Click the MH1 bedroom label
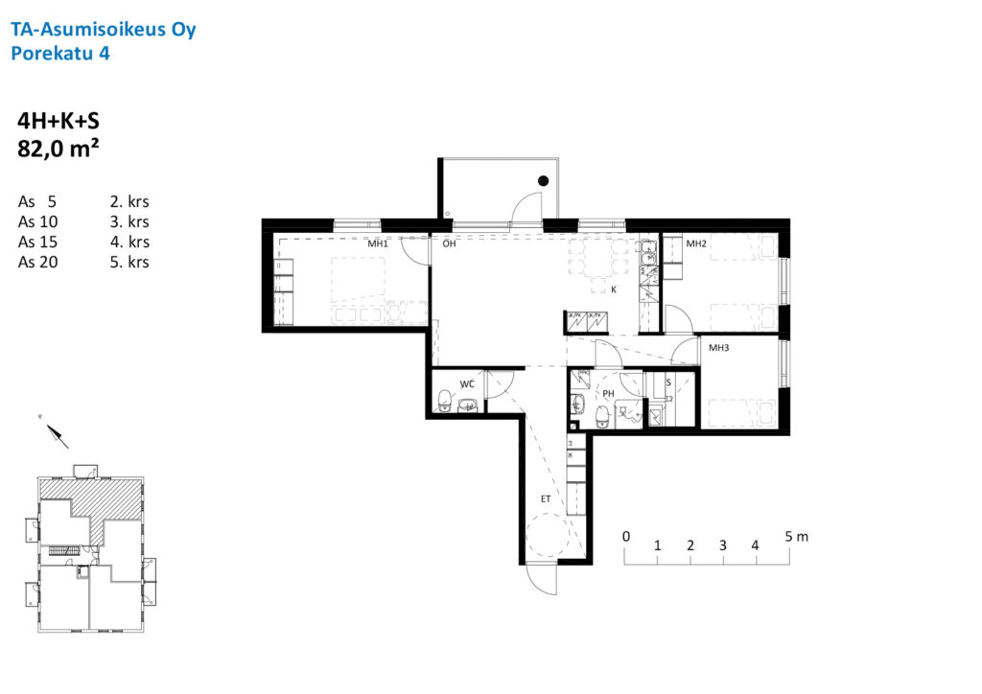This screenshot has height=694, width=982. [x=378, y=243]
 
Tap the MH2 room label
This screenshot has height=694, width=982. [x=696, y=243]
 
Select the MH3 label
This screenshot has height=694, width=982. [x=718, y=347]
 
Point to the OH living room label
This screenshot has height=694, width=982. [x=449, y=243]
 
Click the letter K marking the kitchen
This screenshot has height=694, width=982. [x=614, y=289]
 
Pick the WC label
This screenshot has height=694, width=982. [x=467, y=384]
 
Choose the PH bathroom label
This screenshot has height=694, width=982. [x=608, y=394]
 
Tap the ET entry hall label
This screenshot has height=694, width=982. [x=546, y=498]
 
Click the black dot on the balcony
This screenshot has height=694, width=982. [x=543, y=181]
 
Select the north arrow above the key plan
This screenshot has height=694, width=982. [x=58, y=436]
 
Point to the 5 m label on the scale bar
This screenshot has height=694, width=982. [x=797, y=536]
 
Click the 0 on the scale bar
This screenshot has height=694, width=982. [x=625, y=536]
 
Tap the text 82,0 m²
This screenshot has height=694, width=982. [x=58, y=149]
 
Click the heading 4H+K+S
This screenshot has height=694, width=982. [x=58, y=121]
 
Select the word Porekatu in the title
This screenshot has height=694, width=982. [x=52, y=53]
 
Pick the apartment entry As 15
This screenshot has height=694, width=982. [x=37, y=242]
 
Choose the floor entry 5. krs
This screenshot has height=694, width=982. [x=129, y=262]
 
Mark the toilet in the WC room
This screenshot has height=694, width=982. [x=444, y=400]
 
